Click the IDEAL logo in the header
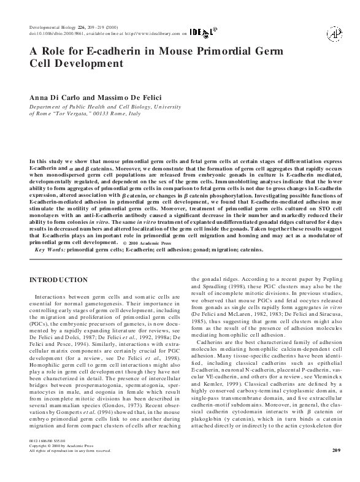tap(202, 34)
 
